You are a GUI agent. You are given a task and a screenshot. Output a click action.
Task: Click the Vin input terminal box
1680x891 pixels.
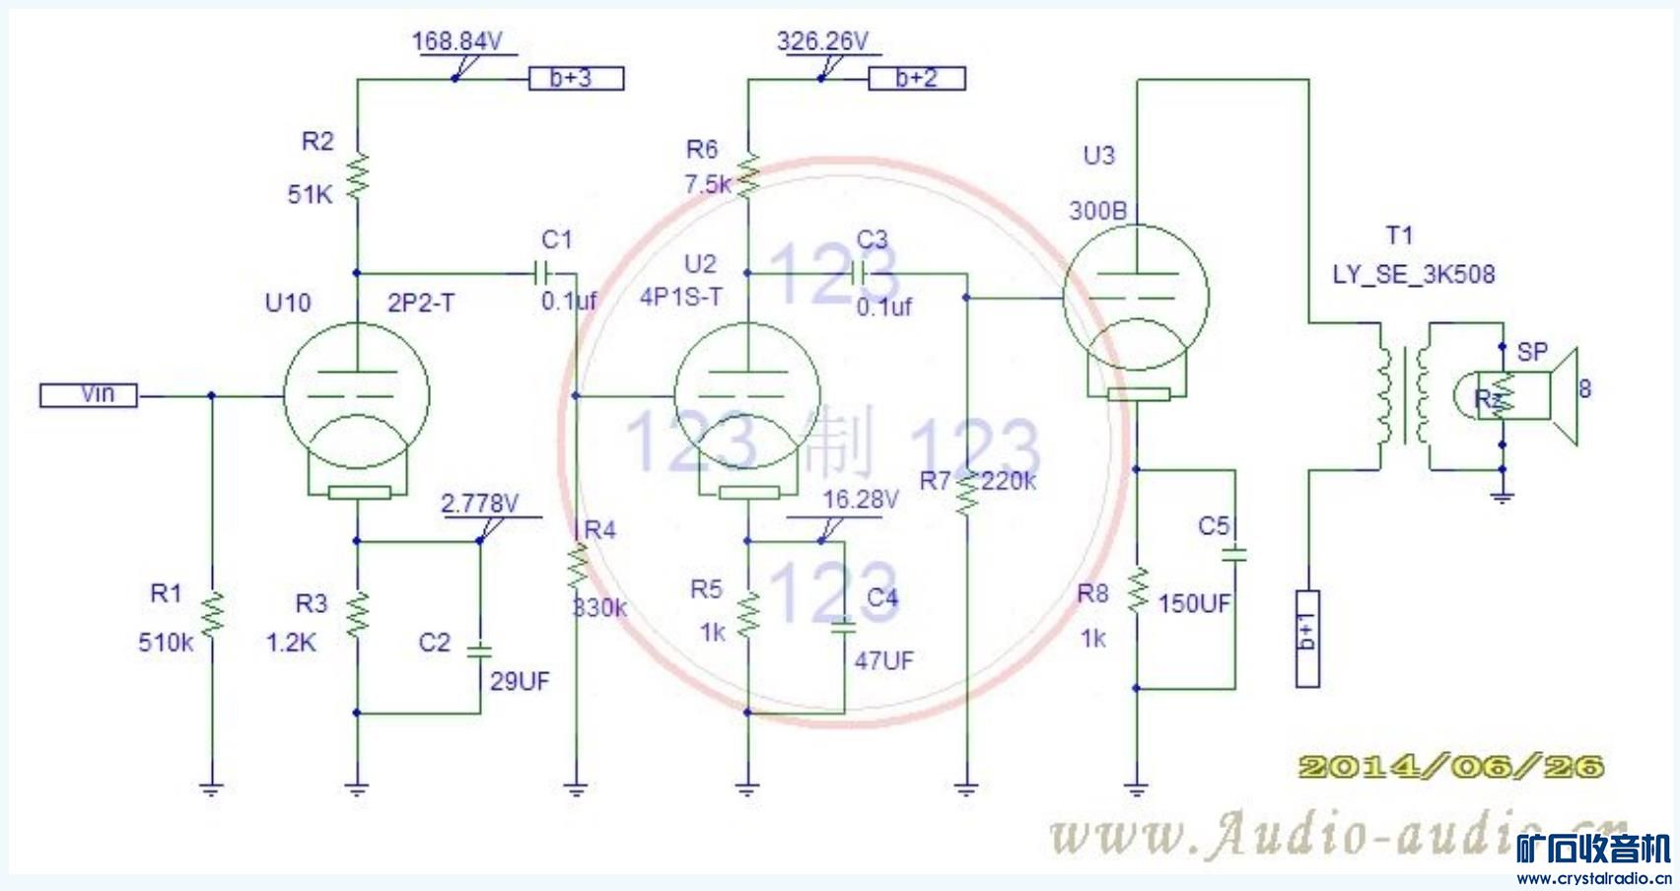(88, 395)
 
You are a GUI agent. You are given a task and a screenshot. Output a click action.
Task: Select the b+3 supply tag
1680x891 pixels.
(576, 78)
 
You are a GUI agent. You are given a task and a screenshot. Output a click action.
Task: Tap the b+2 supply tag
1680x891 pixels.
(916, 78)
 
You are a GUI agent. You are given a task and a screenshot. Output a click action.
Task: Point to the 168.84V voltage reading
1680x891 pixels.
(456, 41)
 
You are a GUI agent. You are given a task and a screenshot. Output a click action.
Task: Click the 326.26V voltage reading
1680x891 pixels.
(822, 41)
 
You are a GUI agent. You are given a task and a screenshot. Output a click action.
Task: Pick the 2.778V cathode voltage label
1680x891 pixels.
(479, 503)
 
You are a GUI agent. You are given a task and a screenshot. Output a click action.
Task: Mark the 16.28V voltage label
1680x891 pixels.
(860, 500)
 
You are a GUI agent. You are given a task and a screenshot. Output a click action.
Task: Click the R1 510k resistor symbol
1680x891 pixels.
(212, 614)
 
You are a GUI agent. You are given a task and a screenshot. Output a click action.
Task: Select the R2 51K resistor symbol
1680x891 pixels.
(357, 175)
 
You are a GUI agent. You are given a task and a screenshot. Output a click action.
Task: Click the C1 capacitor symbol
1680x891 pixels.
(541, 271)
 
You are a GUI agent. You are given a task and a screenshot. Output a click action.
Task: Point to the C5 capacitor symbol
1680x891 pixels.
(1233, 555)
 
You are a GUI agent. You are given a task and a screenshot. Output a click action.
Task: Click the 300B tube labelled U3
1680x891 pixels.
(1136, 296)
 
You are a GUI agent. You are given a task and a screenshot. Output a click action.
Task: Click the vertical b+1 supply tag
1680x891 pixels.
(1307, 638)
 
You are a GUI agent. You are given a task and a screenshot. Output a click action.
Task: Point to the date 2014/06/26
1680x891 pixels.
(1450, 767)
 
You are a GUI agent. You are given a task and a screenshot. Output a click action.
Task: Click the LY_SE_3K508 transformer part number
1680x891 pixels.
(1413, 274)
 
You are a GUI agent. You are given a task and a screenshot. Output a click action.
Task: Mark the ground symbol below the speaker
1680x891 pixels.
(1502, 496)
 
